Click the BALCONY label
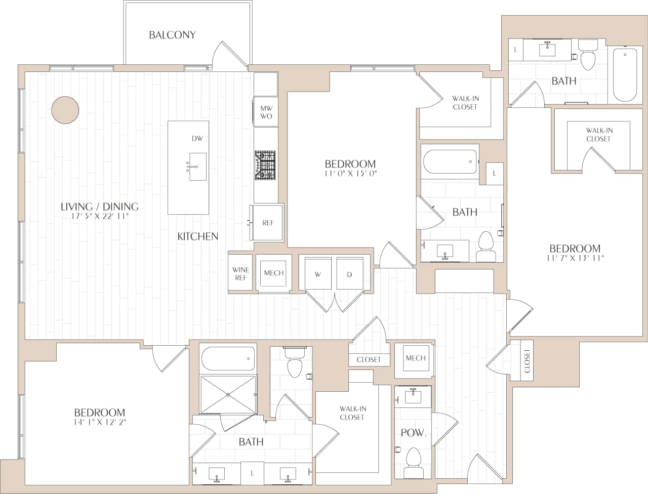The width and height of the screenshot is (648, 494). tap(172, 35)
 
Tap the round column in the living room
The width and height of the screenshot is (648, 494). tap(65, 110)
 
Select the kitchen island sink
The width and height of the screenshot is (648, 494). tap(197, 167)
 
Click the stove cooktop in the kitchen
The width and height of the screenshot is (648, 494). tap(265, 166)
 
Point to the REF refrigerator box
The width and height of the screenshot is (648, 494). tap(267, 223)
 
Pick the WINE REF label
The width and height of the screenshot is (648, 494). tap(240, 274)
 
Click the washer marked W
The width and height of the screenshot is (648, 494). tap(317, 274)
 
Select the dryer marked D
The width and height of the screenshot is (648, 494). tap(349, 274)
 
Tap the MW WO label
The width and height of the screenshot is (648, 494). tap(266, 112)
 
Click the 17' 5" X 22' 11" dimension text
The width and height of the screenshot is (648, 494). tap(100, 216)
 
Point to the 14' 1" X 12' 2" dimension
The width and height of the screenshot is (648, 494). tap(100, 422)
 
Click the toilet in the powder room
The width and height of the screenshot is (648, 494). tap(414, 463)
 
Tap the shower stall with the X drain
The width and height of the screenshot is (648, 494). tap(228, 394)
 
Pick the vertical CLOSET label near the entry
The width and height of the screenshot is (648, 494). tap(527, 361)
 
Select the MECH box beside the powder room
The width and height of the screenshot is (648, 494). tap(415, 358)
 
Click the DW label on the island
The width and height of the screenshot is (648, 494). tap(197, 139)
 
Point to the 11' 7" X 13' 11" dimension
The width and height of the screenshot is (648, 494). tap(575, 258)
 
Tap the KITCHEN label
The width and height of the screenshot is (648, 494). tap(197, 236)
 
